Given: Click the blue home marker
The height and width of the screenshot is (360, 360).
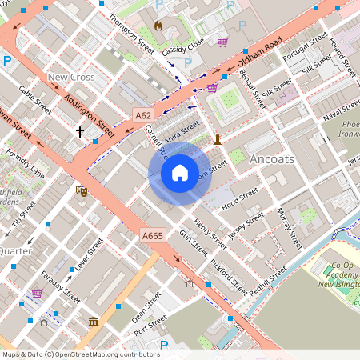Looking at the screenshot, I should (x=180, y=172).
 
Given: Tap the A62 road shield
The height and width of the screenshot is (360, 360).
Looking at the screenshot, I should (x=143, y=115).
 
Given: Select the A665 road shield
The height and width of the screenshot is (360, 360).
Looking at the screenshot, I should (x=152, y=235).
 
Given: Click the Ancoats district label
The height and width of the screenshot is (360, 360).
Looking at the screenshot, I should (x=271, y=159).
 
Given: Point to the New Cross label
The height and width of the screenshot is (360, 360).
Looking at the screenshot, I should (x=71, y=78).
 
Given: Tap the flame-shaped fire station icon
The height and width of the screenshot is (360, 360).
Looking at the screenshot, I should (x=158, y=26).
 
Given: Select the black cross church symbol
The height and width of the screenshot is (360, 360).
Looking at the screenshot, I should (x=79, y=130).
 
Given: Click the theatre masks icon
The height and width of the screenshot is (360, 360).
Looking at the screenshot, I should (x=80, y=190).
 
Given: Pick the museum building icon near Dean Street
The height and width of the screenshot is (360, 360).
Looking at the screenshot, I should (x=94, y=322).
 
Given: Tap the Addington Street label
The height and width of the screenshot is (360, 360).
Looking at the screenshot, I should (x=88, y=116).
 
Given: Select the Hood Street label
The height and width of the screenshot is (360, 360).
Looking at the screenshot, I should (x=240, y=197).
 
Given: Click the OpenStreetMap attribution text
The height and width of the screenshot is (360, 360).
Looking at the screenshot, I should (x=80, y=354).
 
